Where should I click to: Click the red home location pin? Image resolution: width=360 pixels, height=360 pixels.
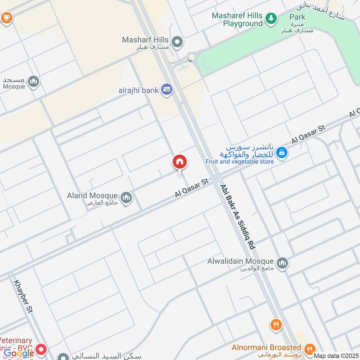click(x=180, y=162)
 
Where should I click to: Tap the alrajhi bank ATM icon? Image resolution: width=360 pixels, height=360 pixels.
click(x=167, y=90)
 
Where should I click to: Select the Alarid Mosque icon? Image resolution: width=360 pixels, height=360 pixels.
click(x=126, y=197)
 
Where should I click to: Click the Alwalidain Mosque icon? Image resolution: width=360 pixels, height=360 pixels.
click(x=282, y=262)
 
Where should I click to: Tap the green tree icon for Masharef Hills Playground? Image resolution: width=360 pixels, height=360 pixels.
click(x=271, y=18)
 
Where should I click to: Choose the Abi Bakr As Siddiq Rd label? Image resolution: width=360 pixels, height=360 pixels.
click(x=238, y=217)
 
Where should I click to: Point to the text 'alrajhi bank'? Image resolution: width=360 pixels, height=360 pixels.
click(x=138, y=90)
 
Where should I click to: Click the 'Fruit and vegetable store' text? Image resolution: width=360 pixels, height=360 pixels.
click(x=239, y=162)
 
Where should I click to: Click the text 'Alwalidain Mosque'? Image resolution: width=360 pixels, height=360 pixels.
click(x=240, y=261)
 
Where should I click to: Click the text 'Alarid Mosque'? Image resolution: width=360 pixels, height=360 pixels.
click(x=92, y=196)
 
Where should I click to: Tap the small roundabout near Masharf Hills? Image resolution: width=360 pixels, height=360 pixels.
click(x=191, y=57)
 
